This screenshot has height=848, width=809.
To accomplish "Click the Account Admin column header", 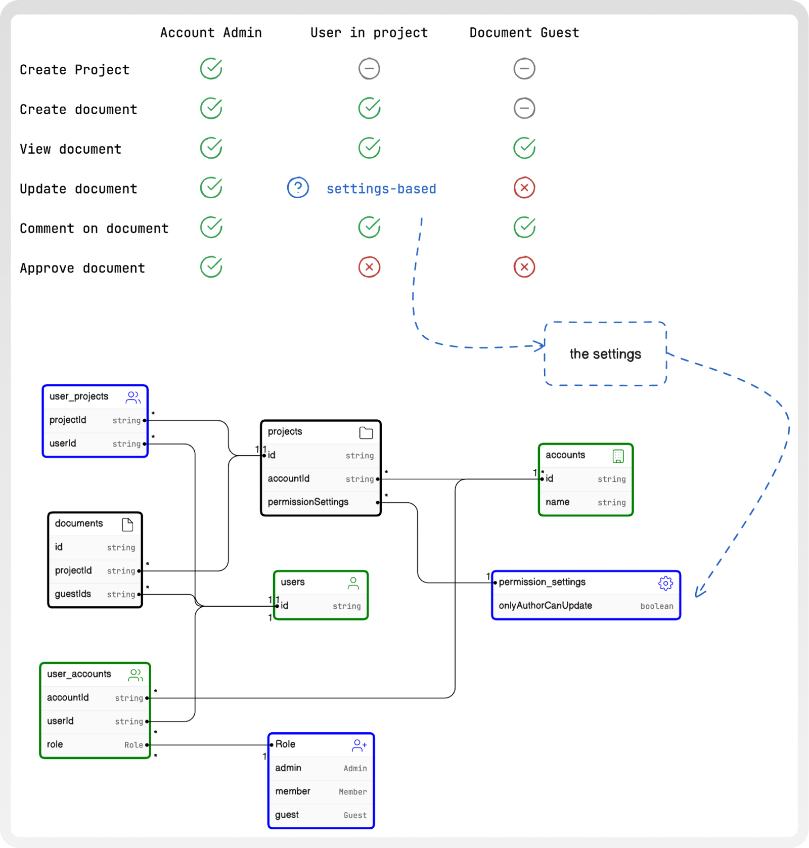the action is pos(211,33).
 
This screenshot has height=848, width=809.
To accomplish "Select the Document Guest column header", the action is pos(524,33).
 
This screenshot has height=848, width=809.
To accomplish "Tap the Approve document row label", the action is pos(82,268).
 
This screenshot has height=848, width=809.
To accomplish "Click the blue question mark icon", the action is pos(298,188).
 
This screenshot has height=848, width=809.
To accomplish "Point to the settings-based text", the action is pos(381,189).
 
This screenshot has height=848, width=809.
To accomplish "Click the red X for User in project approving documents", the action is pos(369,267).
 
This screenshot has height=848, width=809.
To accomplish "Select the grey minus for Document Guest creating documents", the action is pos(524,108).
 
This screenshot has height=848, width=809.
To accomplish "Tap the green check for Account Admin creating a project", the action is pos(211,68).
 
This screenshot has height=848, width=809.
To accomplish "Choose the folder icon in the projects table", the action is pos(366,432).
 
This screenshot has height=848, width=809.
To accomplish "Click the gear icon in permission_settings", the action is pos(665,583).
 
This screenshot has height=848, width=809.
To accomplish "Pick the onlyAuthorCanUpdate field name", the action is pos(545,606).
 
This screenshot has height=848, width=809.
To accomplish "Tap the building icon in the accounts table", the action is pos(618,456).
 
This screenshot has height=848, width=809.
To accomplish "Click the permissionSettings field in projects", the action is pos(308,502).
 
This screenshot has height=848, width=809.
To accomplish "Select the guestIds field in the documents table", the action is pos(73,594).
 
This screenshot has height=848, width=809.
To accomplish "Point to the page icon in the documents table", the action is pos(127,525).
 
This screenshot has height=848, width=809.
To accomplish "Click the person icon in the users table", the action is pos(353,584).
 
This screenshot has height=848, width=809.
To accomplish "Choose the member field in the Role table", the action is pos(293,791).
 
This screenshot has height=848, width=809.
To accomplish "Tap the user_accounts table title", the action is pos(79,674).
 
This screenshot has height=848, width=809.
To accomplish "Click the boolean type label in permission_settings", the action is pos(657,606).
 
